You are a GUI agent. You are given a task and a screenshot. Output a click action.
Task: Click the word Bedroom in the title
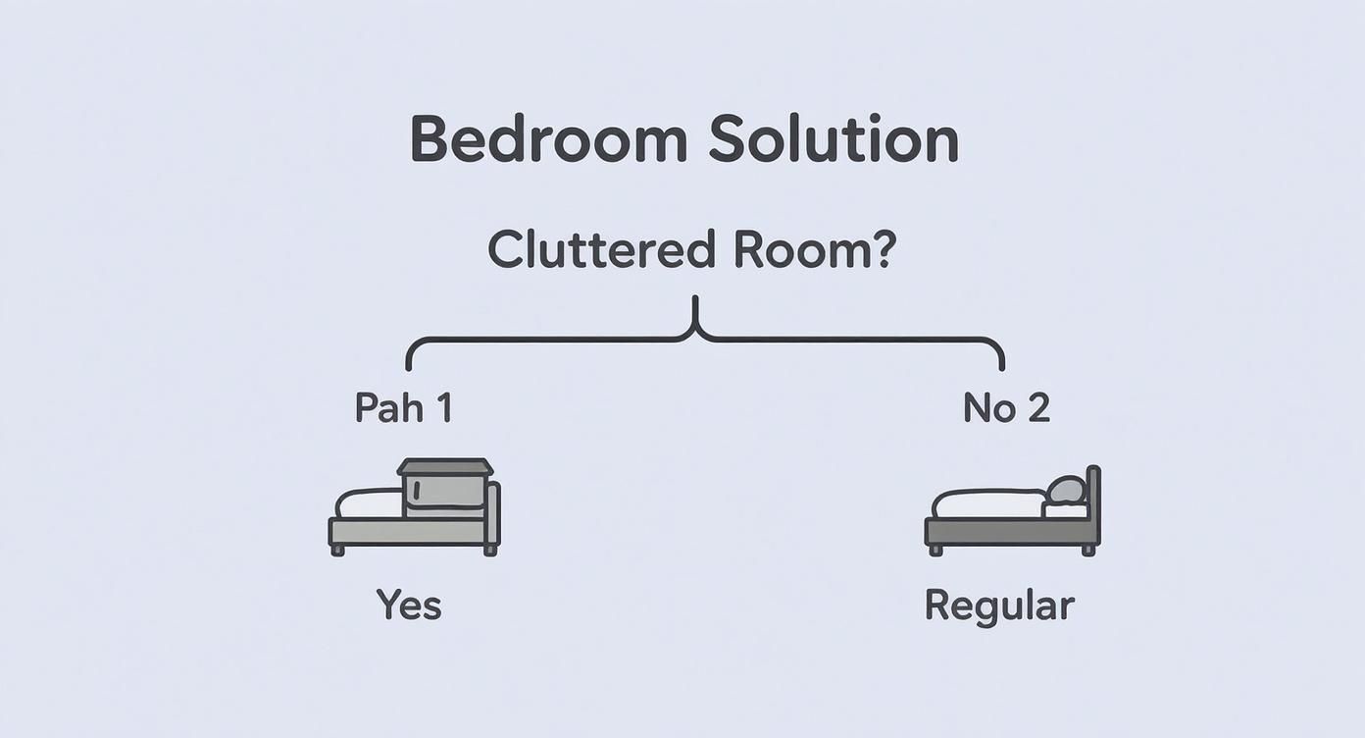pyautogui.click(x=548, y=139)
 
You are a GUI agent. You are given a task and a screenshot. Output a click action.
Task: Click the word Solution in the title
pyautogui.click(x=833, y=139)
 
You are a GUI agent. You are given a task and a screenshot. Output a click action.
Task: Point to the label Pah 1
pyautogui.click(x=403, y=407)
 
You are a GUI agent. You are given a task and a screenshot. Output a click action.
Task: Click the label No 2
pyautogui.click(x=1006, y=407)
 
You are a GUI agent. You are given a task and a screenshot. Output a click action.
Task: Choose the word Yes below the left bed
pyautogui.click(x=409, y=606)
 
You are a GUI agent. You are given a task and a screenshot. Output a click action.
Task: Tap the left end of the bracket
pyautogui.click(x=409, y=365)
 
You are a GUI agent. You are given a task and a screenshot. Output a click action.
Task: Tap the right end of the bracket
pyautogui.click(x=1001, y=365)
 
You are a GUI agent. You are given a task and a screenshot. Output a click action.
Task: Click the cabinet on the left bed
pyautogui.click(x=444, y=488)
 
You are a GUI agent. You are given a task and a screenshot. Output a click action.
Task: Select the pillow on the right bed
pyautogui.click(x=1066, y=490)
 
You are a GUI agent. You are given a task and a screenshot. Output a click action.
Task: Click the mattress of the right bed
pyautogui.click(x=987, y=504)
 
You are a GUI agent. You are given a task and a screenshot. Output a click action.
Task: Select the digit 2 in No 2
pyautogui.click(x=1038, y=407)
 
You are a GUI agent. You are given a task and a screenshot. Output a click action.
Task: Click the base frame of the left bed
pyautogui.click(x=407, y=531)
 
